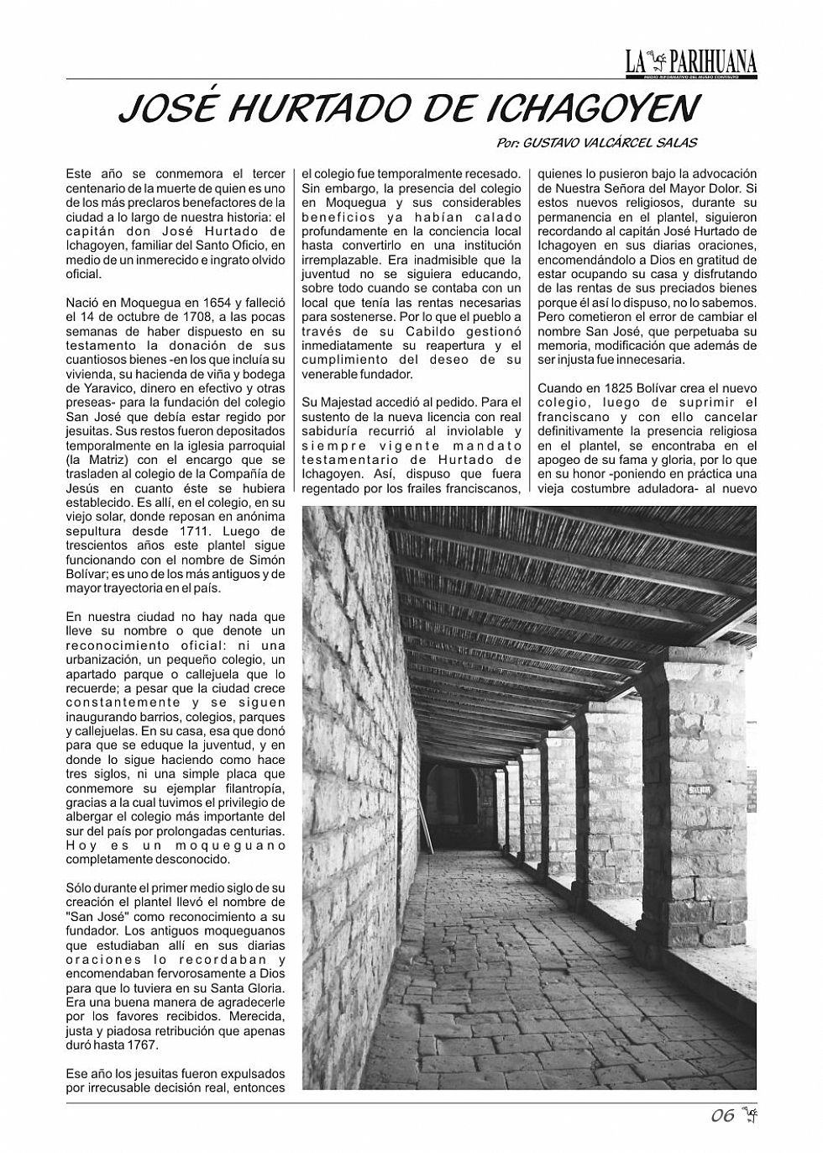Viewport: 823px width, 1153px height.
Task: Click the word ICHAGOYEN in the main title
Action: [593, 108]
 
